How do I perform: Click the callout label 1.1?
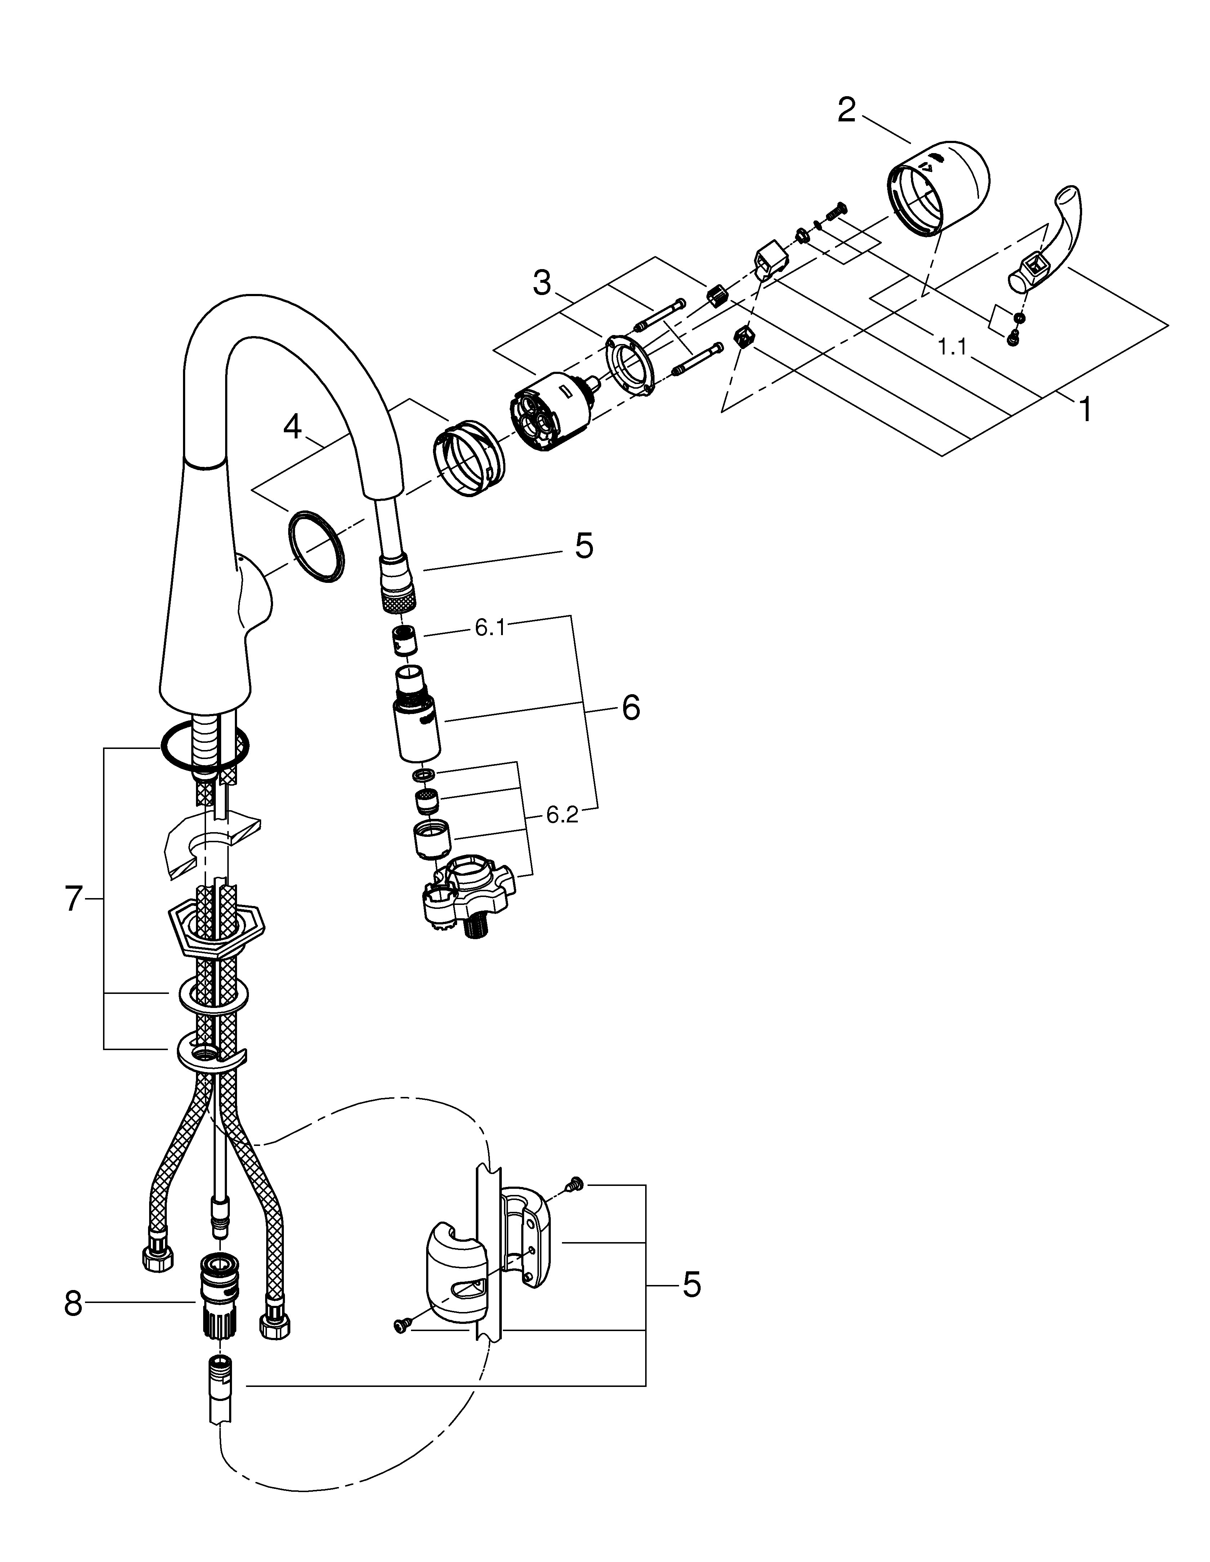point(952,348)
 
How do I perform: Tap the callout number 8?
point(73,1304)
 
